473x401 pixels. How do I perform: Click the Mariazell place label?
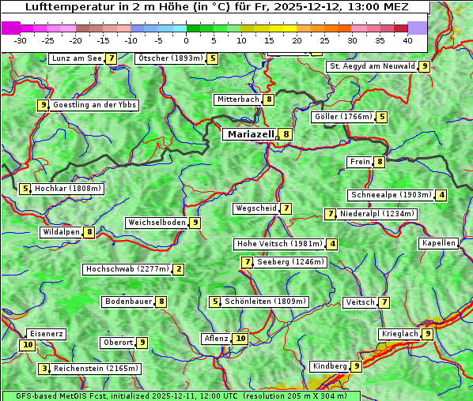click(x=250, y=134)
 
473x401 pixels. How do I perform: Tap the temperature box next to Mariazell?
click(x=286, y=134)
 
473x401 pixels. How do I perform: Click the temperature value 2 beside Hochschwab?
click(x=179, y=269)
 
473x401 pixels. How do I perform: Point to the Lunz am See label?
click(x=77, y=58)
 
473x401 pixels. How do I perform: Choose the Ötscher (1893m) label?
click(x=170, y=58)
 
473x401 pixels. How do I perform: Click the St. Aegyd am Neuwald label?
click(x=372, y=66)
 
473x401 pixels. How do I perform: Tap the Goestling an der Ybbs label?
click(x=94, y=105)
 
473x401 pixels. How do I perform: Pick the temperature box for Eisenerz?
click(x=28, y=344)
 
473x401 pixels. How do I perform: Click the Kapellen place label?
click(x=438, y=243)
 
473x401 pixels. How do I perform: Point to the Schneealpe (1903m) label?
click(x=391, y=195)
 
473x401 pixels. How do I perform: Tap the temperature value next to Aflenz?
click(x=240, y=339)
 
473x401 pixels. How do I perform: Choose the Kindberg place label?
click(x=330, y=366)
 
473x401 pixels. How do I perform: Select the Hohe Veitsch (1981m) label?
click(x=280, y=244)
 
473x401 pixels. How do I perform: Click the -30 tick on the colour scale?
click(x=21, y=40)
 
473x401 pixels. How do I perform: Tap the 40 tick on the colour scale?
click(x=407, y=40)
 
